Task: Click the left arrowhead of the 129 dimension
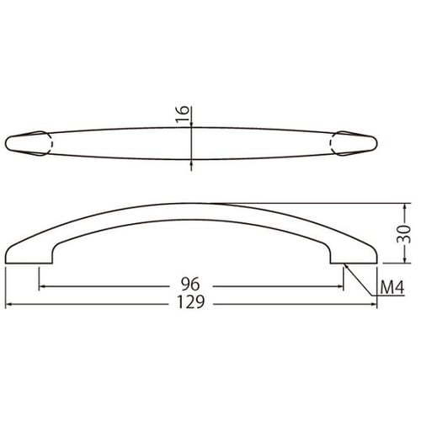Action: [x=10, y=303]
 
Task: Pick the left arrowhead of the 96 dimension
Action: [x=43, y=285]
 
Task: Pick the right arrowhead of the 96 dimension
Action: [x=340, y=285]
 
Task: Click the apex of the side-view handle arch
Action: [x=192, y=205]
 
